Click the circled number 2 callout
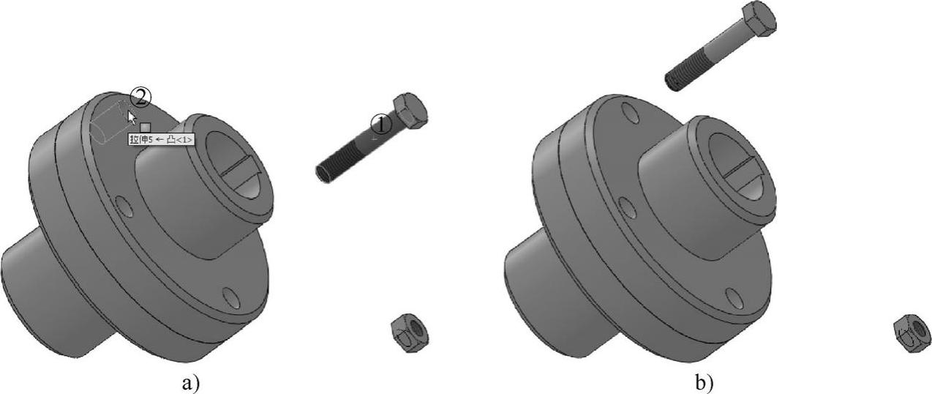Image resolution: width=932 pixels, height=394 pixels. click(x=140, y=98)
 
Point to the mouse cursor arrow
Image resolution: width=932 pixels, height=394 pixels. click(x=132, y=117)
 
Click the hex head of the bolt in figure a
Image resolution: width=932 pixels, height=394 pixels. click(x=410, y=111)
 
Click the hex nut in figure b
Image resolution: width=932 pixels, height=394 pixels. click(x=912, y=334)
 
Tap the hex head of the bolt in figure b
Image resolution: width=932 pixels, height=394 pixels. click(x=759, y=18)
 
